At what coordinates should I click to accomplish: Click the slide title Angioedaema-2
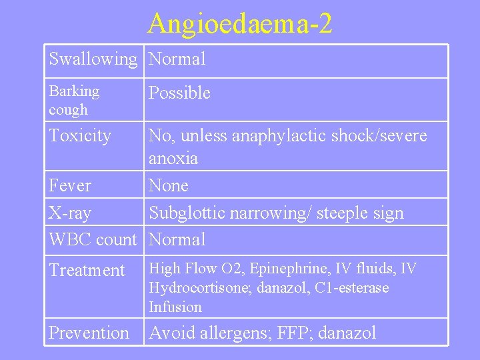pyautogui.click(x=240, y=23)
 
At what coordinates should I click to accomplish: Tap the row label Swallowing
pyautogui.click(x=92, y=59)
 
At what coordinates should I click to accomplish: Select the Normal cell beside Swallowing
pyautogui.click(x=177, y=59)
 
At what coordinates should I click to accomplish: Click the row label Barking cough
pyautogui.click(x=74, y=100)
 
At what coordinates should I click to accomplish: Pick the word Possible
pyautogui.click(x=179, y=93)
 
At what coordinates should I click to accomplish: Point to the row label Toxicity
pyautogui.click(x=80, y=136)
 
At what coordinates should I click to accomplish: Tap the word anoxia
pyautogui.click(x=173, y=159)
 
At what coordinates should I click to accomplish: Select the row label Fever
pyautogui.click(x=70, y=185)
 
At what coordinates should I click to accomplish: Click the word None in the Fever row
pyautogui.click(x=169, y=185)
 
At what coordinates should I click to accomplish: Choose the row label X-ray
pyautogui.click(x=70, y=213)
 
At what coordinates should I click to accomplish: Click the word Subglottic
pyautogui.click(x=187, y=213)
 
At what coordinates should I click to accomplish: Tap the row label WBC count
pyautogui.click(x=92, y=239)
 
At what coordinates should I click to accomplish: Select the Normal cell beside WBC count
pyautogui.click(x=177, y=239)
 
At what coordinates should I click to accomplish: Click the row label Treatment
pyautogui.click(x=87, y=271)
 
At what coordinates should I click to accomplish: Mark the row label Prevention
pyautogui.click(x=89, y=333)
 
